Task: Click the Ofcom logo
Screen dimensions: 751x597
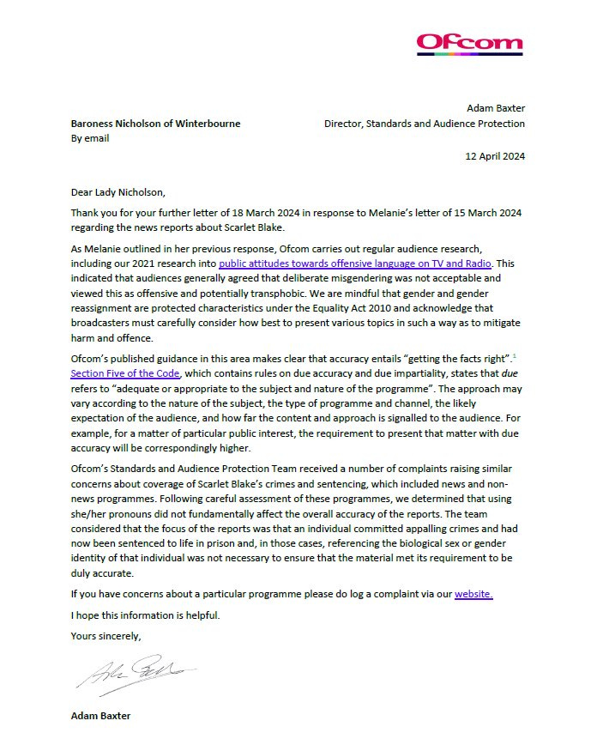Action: [468, 42]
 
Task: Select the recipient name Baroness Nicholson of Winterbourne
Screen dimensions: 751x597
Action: [155, 124]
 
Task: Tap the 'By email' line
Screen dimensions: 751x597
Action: [90, 138]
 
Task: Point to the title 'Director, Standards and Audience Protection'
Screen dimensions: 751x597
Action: [425, 124]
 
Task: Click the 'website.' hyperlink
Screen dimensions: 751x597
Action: [473, 593]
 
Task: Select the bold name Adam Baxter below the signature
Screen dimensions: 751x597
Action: [101, 715]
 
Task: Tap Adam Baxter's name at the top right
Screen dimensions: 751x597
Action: [495, 109]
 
